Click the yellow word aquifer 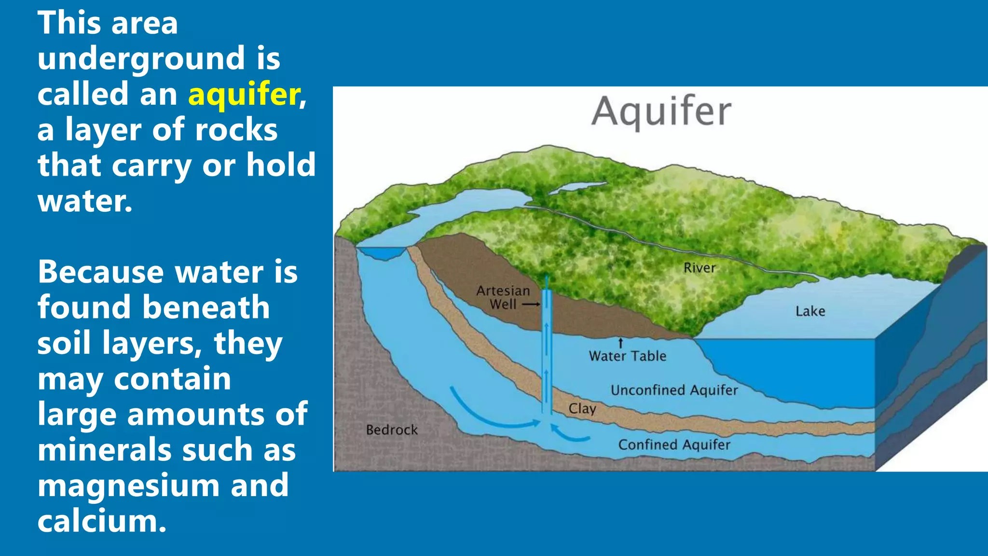point(244,95)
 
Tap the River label point(699,268)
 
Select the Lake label point(810,311)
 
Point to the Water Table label point(627,356)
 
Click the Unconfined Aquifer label point(674,390)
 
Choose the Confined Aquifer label point(674,445)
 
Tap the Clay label point(582,409)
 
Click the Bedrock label point(392,430)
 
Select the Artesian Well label point(503,297)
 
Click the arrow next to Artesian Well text point(531,305)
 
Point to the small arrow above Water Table point(621,343)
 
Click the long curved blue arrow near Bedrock point(487,415)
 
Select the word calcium point(101,521)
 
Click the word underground point(141,59)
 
